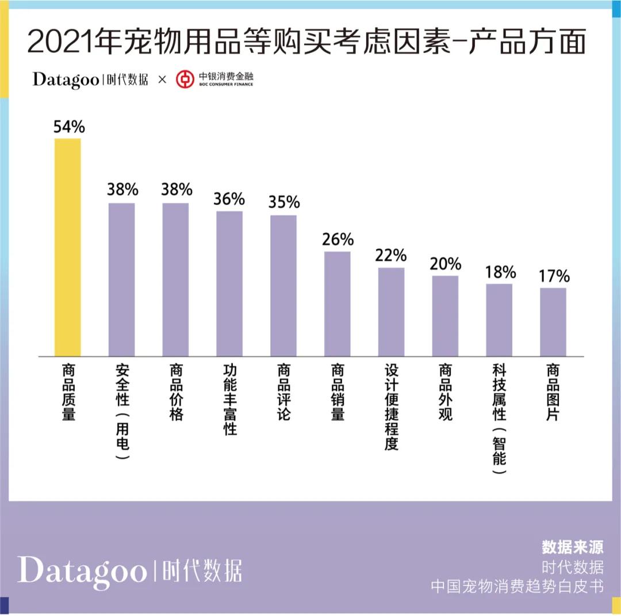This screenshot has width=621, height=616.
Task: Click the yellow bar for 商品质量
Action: (x=67, y=248)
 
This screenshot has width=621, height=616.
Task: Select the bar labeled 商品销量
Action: (x=337, y=304)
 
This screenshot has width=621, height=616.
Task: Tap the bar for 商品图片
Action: (x=553, y=322)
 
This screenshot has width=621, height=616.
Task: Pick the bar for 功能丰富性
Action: (x=229, y=284)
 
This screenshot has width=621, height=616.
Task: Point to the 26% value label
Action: (x=338, y=239)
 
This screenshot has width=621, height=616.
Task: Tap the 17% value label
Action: (x=554, y=276)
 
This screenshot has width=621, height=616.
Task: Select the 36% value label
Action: (x=229, y=199)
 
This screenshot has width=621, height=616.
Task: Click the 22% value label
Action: (x=391, y=255)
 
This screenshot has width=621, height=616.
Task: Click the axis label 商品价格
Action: (x=175, y=392)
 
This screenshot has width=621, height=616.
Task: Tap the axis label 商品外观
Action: (x=445, y=392)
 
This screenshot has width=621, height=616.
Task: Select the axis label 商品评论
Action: (x=283, y=392)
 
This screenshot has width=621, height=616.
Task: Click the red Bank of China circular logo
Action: (x=185, y=79)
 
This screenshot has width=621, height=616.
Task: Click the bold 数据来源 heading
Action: (x=572, y=547)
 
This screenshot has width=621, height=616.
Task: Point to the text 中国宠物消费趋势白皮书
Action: (x=517, y=587)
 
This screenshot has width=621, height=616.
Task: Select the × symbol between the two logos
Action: (x=162, y=79)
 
